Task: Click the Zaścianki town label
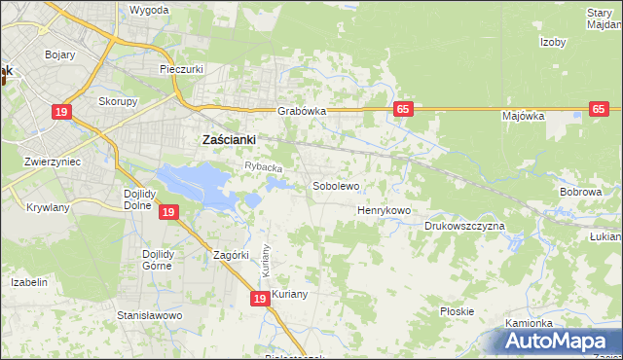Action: tap(228, 139)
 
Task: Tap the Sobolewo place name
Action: tap(336, 185)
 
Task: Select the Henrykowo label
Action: tap(385, 210)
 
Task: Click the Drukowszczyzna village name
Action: tap(464, 226)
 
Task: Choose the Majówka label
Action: tap(523, 116)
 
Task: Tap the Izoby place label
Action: tap(553, 42)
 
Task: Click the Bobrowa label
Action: tap(580, 192)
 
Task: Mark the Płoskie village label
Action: tap(457, 311)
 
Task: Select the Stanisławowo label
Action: tap(150, 315)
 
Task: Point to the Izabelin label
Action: tap(29, 281)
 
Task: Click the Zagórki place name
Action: tap(232, 255)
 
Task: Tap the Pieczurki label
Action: tap(180, 70)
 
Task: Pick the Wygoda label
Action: tap(149, 10)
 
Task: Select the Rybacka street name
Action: tap(263, 167)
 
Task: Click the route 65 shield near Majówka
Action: tap(600, 109)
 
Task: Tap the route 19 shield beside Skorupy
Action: tap(62, 112)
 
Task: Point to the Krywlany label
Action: tap(48, 207)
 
